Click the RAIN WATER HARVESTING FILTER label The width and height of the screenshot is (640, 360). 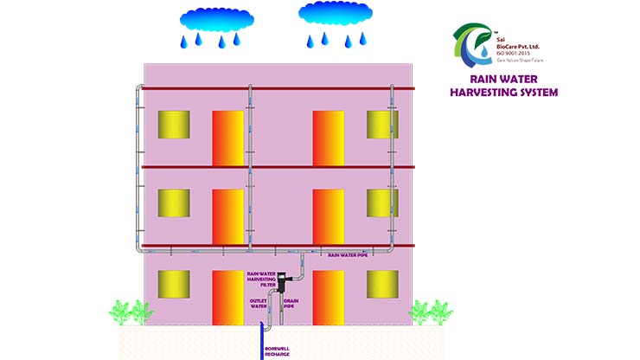coord(260,278)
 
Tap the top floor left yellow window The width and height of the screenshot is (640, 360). coord(174,125)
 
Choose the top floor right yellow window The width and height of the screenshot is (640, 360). coord(382,125)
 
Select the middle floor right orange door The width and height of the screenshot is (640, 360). coord(329,216)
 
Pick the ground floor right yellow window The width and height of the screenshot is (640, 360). coord(382,284)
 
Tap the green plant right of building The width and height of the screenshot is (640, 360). coord(431,312)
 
